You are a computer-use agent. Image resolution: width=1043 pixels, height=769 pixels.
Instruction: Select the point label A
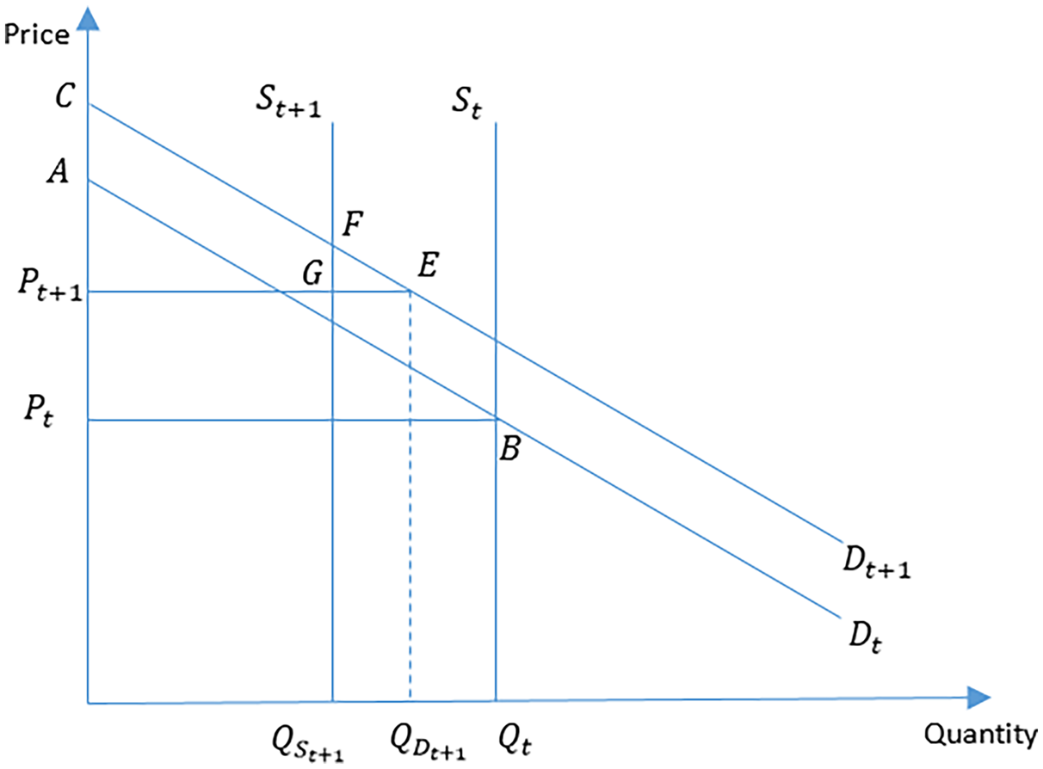[x=59, y=175]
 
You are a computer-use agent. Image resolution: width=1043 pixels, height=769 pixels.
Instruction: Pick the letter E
[x=427, y=263]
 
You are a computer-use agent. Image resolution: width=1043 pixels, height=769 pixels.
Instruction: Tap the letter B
[x=508, y=449]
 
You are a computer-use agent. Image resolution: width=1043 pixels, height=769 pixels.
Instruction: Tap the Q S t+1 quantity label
[x=307, y=741]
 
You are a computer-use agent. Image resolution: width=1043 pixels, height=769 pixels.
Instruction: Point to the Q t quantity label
[x=517, y=737]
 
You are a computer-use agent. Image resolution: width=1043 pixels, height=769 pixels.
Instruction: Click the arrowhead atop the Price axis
[x=88, y=17]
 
